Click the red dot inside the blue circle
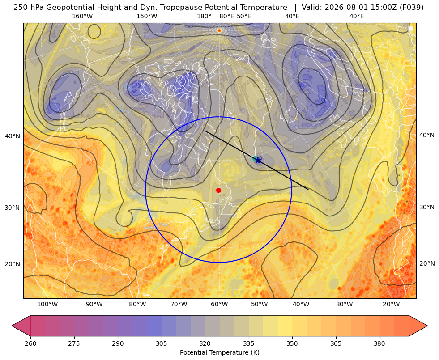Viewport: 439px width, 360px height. pos(219,190)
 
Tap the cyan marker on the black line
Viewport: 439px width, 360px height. pos(255,159)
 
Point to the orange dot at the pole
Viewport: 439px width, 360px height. pos(219,30)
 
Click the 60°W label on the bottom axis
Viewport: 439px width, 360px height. pos(219,305)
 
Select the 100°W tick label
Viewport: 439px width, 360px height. pos(47,305)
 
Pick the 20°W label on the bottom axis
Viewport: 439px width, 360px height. pos(391,305)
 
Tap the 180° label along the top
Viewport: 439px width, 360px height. pos(204,17)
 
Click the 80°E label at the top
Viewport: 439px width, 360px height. pos(226,17)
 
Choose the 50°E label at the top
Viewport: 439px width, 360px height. pos(244,17)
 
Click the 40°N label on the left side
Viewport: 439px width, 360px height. pos(13,136)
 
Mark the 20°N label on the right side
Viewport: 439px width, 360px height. pos(427,263)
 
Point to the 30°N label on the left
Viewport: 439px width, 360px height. pos(13,208)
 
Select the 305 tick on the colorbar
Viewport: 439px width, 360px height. pos(162,343)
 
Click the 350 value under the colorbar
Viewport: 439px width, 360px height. pos(292,343)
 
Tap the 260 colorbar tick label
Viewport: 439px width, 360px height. pos(30,343)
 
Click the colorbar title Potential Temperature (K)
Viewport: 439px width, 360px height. pos(219,352)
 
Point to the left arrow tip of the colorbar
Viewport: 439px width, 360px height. pos(12,326)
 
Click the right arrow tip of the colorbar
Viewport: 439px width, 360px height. pos(427,326)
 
